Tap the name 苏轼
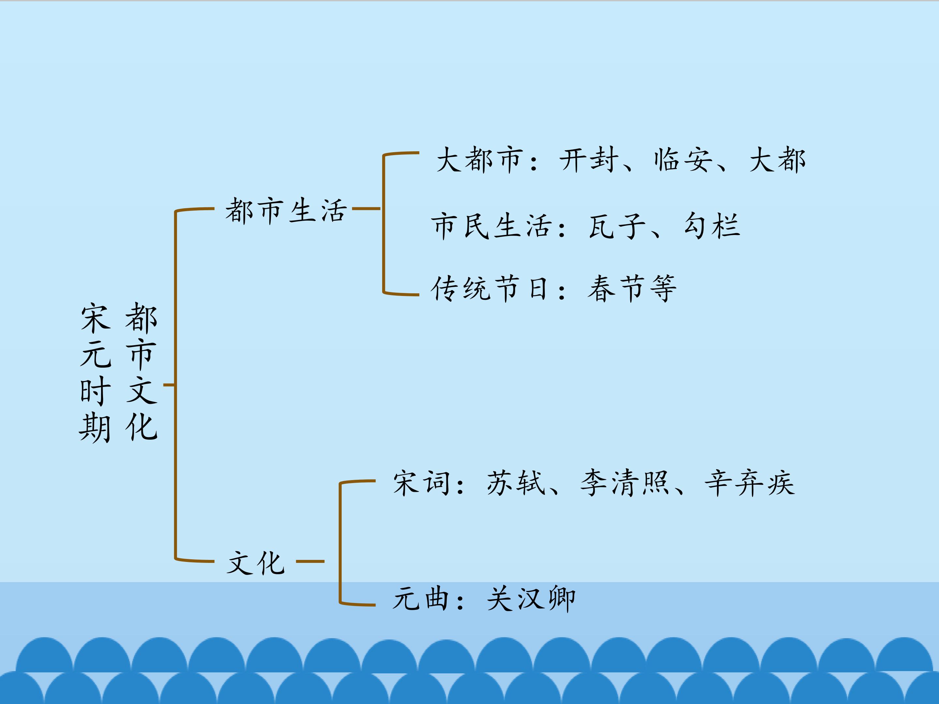(516, 483)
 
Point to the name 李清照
(624, 483)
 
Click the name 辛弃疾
(750, 483)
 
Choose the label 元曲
(421, 598)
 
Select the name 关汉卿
(531, 598)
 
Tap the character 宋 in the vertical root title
(96, 317)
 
